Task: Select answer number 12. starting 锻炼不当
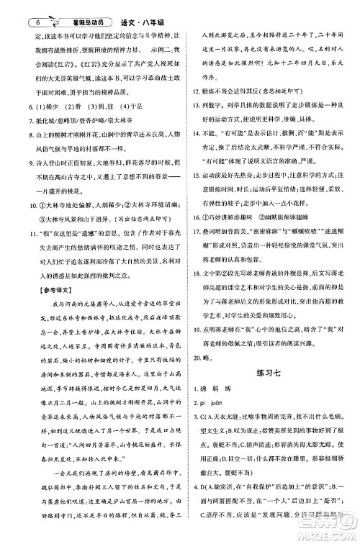click(x=190, y=93)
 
